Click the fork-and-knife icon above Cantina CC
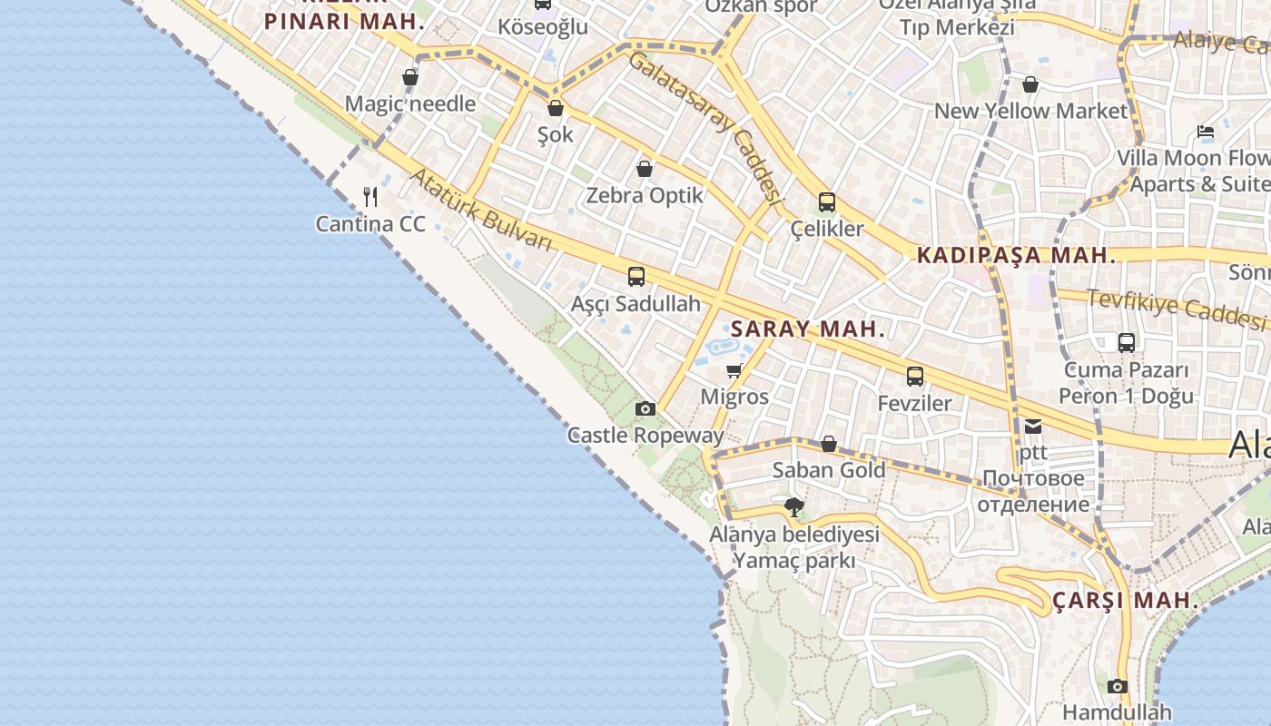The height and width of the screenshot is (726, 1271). pos(370,196)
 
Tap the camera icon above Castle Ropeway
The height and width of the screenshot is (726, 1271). pos(645,408)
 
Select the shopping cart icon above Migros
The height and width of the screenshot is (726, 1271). pos(734,370)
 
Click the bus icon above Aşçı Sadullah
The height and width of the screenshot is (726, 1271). pos(636,276)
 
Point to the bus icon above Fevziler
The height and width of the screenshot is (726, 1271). pos(915,376)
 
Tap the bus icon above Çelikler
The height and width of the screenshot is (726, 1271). pos(827,201)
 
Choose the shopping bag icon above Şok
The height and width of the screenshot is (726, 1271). pos(556,108)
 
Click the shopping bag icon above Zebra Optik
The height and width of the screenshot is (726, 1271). pos(645,169)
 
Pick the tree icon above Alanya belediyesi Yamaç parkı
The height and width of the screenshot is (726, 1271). pos(794,506)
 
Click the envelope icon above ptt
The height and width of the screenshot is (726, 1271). pos(1033,426)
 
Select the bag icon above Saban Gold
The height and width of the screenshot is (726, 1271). pos(829,444)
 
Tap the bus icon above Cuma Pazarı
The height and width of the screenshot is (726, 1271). pos(1127,342)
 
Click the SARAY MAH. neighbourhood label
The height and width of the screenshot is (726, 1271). pos(807,329)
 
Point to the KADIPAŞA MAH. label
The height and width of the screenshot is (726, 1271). pos(1016,255)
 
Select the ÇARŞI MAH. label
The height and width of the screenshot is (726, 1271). pos(1126,601)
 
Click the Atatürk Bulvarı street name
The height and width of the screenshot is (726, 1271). pos(480,211)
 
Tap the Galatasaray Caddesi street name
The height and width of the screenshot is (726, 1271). pos(704,127)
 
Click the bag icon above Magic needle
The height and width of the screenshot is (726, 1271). pos(410,77)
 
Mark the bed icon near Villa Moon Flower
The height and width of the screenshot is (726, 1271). pos(1206,132)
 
